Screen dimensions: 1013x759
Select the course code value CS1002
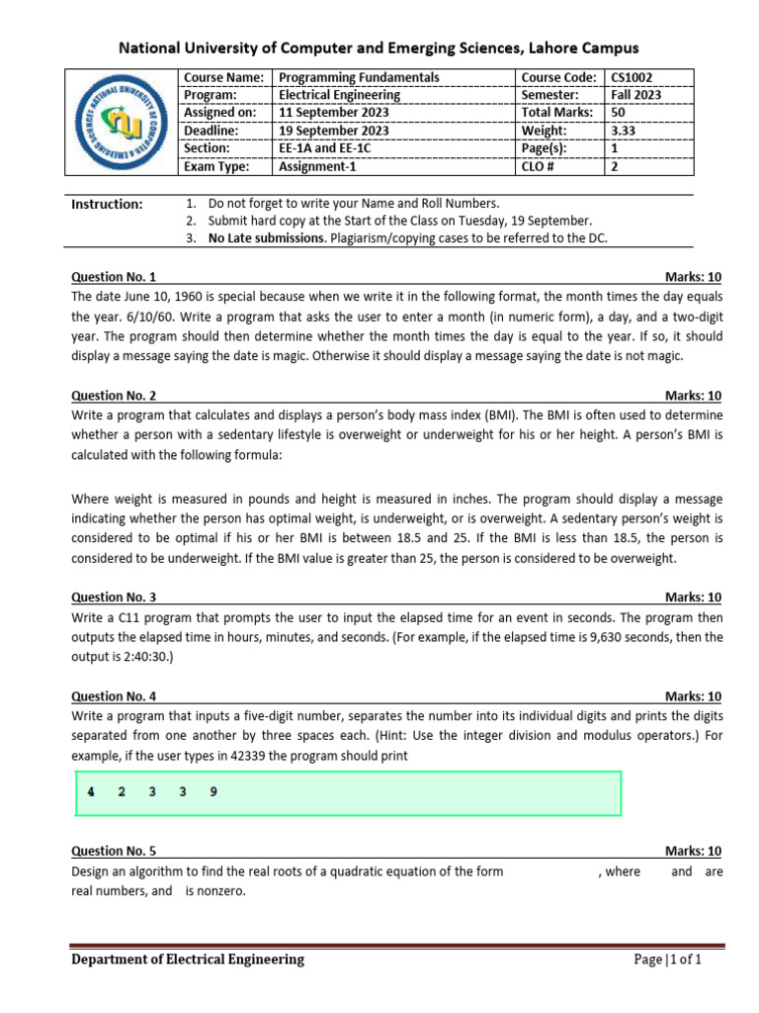point(632,77)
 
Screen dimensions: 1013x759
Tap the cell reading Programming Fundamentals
point(360,77)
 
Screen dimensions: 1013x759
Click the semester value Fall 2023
point(636,95)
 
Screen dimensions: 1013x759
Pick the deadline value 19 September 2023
point(334,131)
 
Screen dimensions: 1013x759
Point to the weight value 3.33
point(624,131)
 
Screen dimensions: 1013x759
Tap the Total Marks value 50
point(619,113)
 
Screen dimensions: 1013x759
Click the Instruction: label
point(108,204)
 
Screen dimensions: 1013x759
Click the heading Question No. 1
point(114,278)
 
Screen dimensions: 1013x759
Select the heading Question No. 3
point(114,598)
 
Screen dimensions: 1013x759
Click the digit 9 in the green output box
point(214,792)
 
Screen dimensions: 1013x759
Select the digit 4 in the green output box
point(90,792)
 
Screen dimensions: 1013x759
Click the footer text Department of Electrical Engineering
point(188,960)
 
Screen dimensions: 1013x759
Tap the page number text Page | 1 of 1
point(668,960)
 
